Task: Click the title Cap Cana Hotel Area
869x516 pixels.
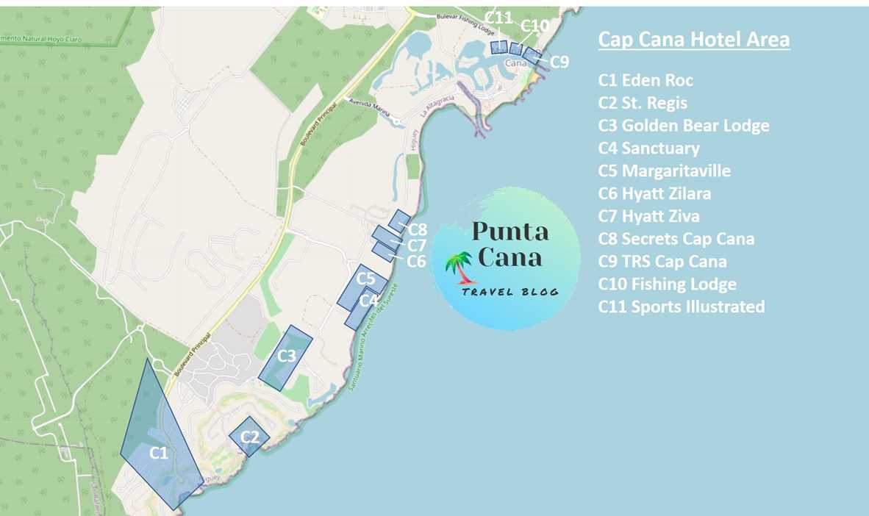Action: click(693, 40)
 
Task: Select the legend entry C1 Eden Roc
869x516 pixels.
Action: click(646, 80)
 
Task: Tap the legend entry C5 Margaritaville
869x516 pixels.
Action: click(665, 171)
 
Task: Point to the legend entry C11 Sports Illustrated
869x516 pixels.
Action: click(681, 307)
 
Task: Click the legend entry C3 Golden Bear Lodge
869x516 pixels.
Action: click(684, 126)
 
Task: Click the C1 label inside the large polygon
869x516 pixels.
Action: click(159, 453)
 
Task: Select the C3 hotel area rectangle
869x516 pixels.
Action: click(286, 357)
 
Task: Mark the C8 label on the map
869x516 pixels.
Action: click(418, 230)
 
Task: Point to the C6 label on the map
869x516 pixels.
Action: click(417, 261)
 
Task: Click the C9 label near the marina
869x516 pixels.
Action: click(559, 62)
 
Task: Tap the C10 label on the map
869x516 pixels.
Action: click(534, 26)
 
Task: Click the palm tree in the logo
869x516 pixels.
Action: click(462, 267)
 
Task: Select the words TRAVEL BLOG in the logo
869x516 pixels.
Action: click(509, 292)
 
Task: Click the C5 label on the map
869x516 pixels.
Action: click(366, 279)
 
